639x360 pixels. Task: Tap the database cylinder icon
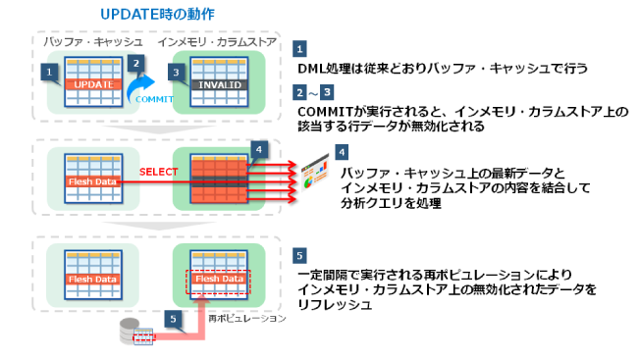pyautogui.click(x=131, y=329)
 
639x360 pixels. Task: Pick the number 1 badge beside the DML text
pyautogui.click(x=300, y=48)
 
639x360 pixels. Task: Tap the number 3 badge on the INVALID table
pyautogui.click(x=175, y=71)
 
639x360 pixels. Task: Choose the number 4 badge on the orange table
pyautogui.click(x=257, y=148)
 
